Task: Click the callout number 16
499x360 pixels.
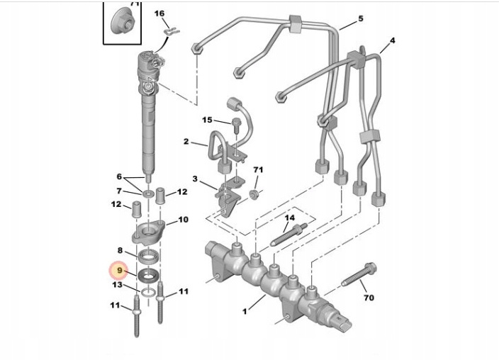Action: point(159,13)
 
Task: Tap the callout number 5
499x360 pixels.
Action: point(360,19)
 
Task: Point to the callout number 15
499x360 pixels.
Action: point(207,120)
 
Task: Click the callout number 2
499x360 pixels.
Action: point(186,142)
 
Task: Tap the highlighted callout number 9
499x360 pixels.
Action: point(120,271)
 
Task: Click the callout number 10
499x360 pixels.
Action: point(183,220)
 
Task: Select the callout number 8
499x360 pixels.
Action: point(120,250)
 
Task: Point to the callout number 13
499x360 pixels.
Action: point(118,285)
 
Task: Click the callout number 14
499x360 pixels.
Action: point(289,218)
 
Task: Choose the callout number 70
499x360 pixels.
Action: point(369,298)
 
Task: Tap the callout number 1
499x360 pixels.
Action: point(245,310)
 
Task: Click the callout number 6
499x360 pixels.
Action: point(119,176)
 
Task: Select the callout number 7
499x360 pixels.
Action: point(119,191)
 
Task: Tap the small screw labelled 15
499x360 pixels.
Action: point(235,128)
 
